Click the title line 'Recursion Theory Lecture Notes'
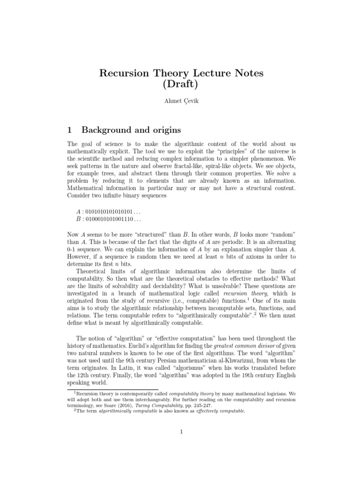tap(181, 73)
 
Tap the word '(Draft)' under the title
tap(181, 86)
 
